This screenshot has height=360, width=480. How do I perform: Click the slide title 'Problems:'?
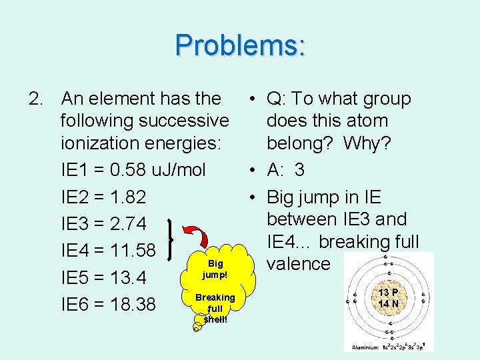point(241,45)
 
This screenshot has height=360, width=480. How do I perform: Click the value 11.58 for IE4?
point(131,251)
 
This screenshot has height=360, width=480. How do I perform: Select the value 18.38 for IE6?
point(131,305)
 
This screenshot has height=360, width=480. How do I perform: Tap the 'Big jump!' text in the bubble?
point(215,269)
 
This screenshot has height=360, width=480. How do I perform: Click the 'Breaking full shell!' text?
point(215,307)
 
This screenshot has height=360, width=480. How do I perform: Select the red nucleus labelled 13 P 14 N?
point(388,298)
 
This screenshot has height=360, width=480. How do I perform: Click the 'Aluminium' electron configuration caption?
point(388,347)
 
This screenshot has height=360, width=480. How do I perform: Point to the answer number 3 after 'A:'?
point(299,170)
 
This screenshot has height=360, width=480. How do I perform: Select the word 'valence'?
point(299,264)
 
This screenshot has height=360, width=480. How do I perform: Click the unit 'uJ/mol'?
point(177,169)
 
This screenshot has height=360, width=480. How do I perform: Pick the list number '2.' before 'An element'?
point(37,99)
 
